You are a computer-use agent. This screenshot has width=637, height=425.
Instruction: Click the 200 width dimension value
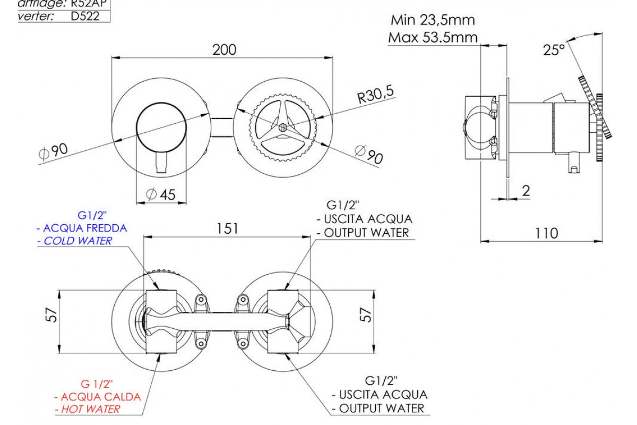224,49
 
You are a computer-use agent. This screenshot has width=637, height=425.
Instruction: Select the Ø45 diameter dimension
161,195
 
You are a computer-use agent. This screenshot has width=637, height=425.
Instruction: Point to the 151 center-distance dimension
228,228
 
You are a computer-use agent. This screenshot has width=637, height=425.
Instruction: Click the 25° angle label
554,50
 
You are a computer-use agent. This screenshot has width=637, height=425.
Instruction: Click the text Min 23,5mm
433,21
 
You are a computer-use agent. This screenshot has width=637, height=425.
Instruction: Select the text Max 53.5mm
433,38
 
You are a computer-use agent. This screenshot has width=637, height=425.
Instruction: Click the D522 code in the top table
85,16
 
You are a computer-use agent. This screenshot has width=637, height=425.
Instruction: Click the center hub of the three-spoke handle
283,127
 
